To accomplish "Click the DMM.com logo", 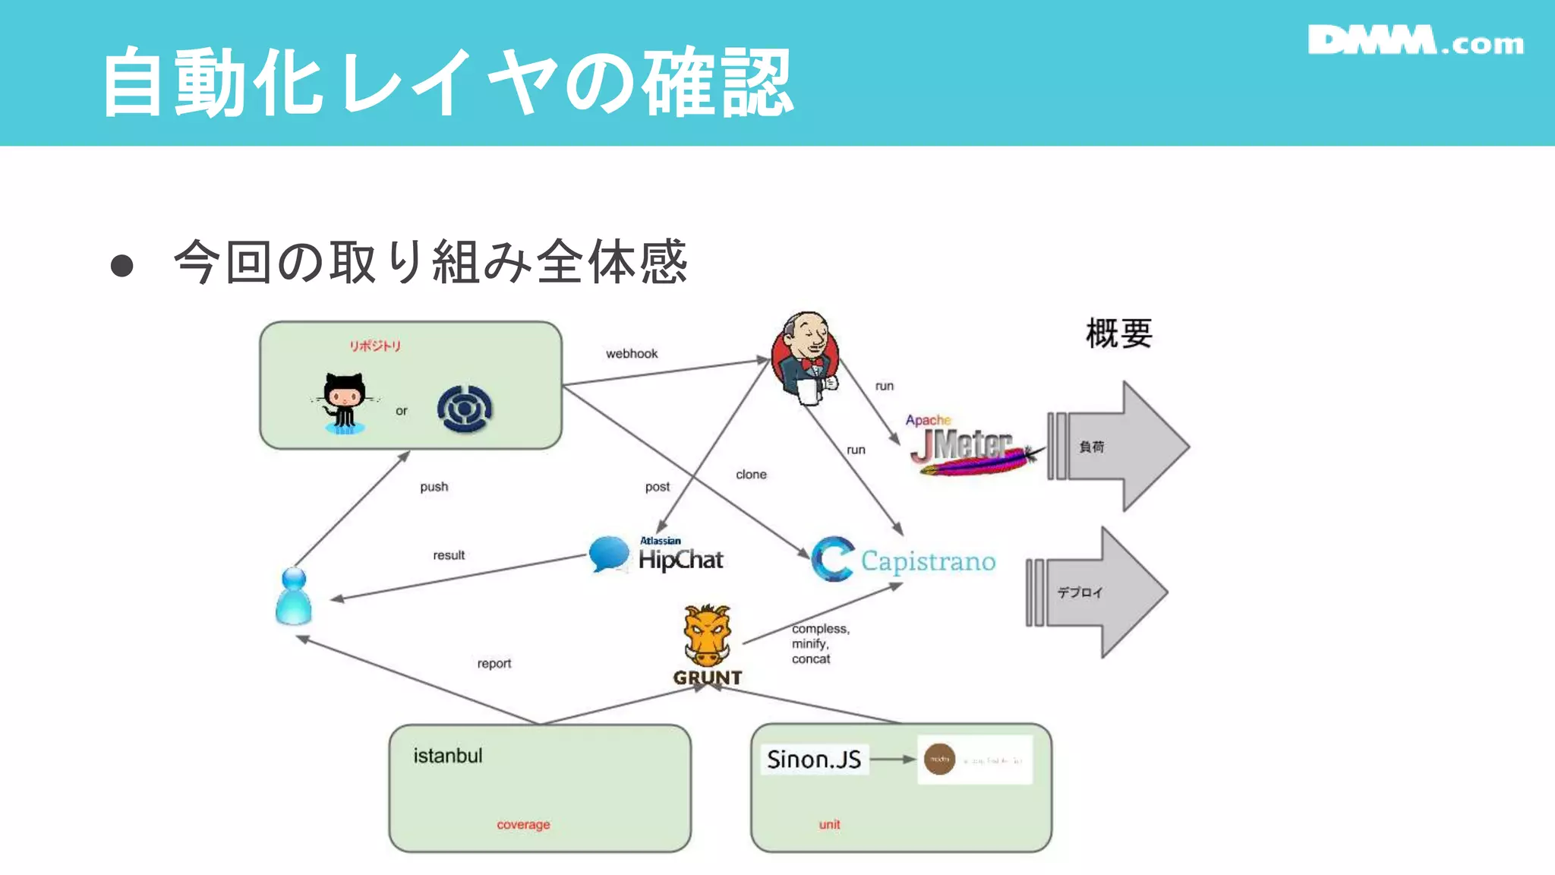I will tap(1415, 41).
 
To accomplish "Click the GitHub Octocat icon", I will tap(344, 403).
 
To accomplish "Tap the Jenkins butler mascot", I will tap(806, 357).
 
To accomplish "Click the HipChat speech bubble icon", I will tap(609, 554).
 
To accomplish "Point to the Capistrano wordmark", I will tap(928, 561).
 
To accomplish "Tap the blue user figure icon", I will tap(294, 597).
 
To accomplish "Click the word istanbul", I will tap(448, 756).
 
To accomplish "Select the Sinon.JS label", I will tap(813, 760).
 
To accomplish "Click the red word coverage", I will tap(523, 824).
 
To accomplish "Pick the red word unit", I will tap(829, 824).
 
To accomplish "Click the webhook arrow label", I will tap(632, 354).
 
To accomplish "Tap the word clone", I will tap(751, 475).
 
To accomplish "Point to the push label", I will tap(434, 487).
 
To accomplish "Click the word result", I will tap(449, 555).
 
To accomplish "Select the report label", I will tap(494, 664).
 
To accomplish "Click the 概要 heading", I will tap(1118, 334).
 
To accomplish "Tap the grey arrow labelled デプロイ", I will tap(1101, 592).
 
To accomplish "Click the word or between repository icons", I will tap(401, 411).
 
